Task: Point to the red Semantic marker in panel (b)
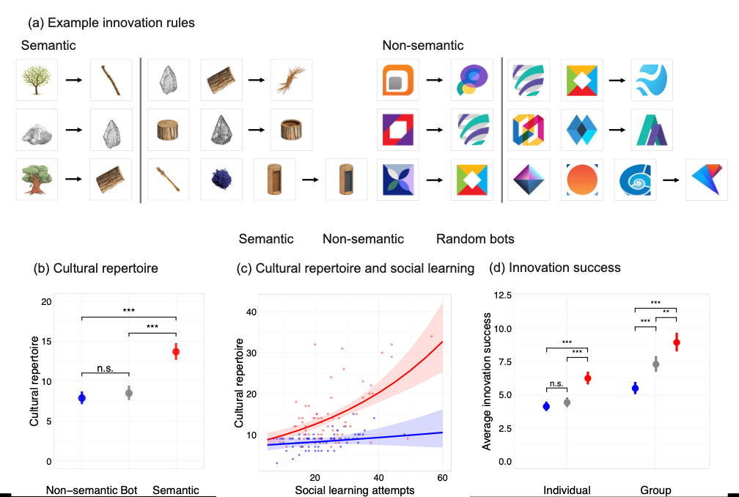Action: tap(176, 352)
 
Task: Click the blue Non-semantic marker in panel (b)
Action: tap(82, 398)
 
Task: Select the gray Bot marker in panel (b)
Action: tap(129, 394)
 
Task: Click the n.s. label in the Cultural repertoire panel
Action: tap(105, 368)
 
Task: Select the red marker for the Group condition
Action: tap(677, 342)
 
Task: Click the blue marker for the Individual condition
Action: tap(546, 407)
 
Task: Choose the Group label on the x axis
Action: tap(655, 490)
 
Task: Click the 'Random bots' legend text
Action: tap(475, 239)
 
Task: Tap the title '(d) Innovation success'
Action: tap(555, 268)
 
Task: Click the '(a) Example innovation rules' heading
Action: tap(111, 22)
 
